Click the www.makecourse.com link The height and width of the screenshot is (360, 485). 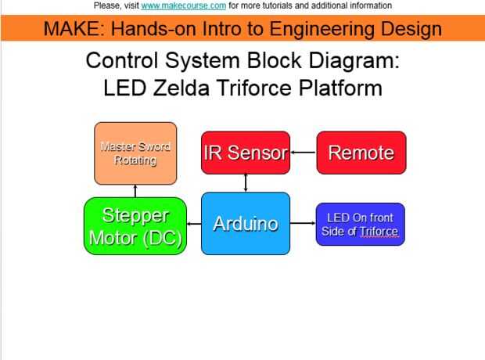pyautogui.click(x=184, y=5)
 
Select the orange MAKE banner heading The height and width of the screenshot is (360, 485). pyautogui.click(x=242, y=30)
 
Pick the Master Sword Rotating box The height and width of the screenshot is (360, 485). pyautogui.click(x=135, y=153)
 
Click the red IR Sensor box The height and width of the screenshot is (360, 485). pyautogui.click(x=246, y=153)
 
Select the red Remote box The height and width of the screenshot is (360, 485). pyautogui.click(x=361, y=153)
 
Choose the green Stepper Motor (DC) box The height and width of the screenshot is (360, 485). pyautogui.click(x=135, y=227)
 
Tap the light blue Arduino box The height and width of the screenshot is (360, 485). pyautogui.click(x=246, y=224)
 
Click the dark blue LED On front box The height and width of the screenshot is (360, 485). pyautogui.click(x=360, y=224)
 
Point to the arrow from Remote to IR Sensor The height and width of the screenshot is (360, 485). pyautogui.click(x=303, y=153)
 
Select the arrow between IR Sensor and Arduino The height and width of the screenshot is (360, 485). pyautogui.click(x=246, y=183)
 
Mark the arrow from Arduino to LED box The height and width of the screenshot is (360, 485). pyautogui.click(x=303, y=224)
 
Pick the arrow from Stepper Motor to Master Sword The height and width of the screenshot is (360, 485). pyautogui.click(x=135, y=191)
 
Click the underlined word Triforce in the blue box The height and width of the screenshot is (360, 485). pyautogui.click(x=379, y=232)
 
